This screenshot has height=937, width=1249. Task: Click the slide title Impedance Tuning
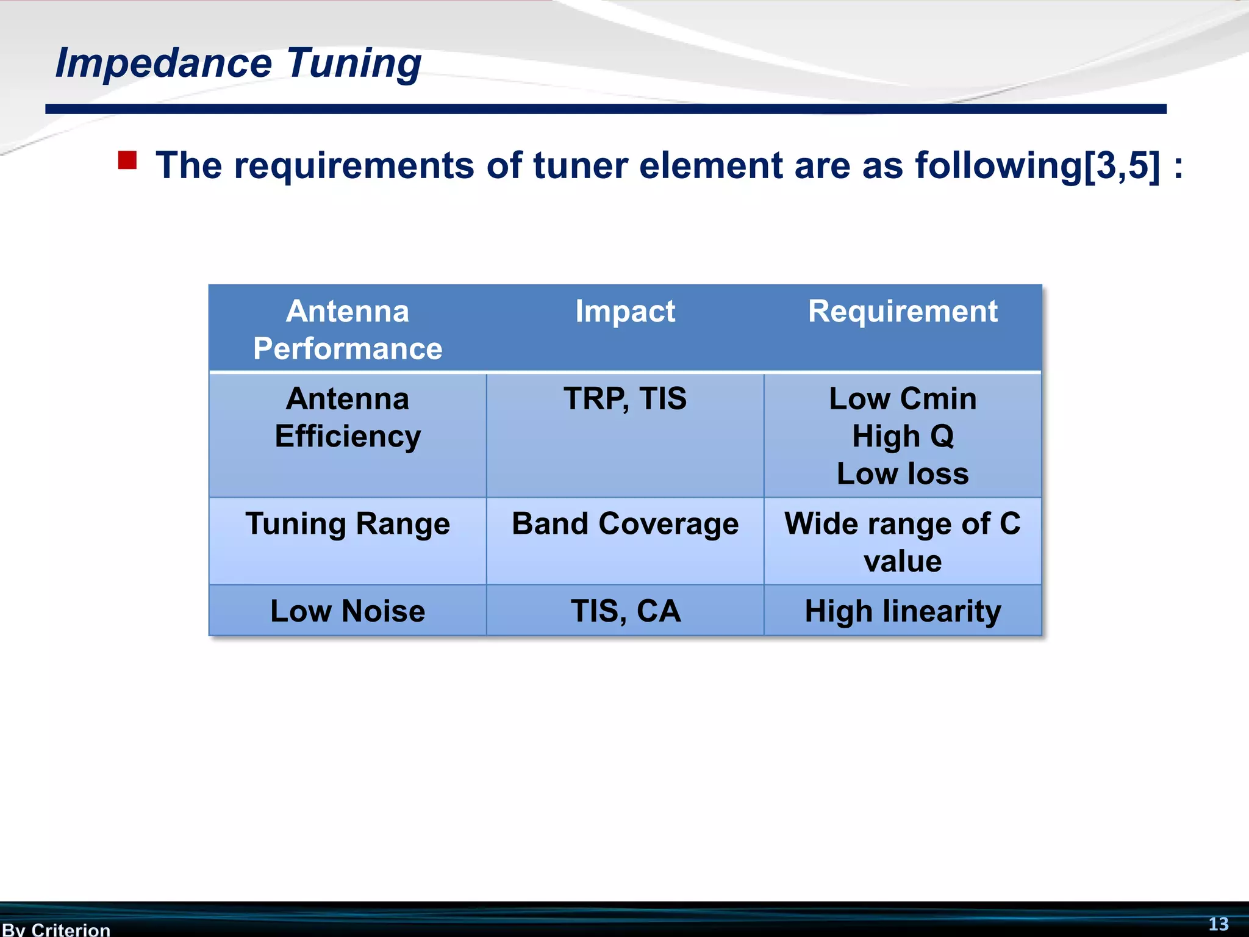click(x=238, y=63)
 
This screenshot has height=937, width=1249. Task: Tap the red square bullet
click(x=127, y=160)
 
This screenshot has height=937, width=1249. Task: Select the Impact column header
click(x=625, y=312)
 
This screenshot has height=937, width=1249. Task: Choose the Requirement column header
click(x=903, y=312)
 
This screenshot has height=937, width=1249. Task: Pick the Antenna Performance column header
click(x=348, y=329)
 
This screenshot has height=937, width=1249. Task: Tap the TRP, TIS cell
click(x=625, y=399)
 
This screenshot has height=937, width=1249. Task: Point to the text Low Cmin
click(x=903, y=399)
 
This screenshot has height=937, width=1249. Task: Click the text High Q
click(x=903, y=437)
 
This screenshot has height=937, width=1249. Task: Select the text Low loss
click(x=903, y=474)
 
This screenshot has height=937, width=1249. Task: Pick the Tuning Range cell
click(x=348, y=524)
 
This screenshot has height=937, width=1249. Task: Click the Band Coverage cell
click(x=625, y=524)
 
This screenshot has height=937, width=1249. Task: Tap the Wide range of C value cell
click(x=903, y=542)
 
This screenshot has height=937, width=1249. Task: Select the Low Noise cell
click(x=348, y=611)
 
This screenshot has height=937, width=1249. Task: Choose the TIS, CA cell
click(x=625, y=611)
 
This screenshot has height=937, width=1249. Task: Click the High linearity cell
click(x=903, y=611)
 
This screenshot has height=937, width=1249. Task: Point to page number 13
click(x=1219, y=924)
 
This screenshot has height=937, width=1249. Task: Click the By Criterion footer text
click(x=56, y=929)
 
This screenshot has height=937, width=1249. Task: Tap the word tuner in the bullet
click(x=580, y=165)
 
